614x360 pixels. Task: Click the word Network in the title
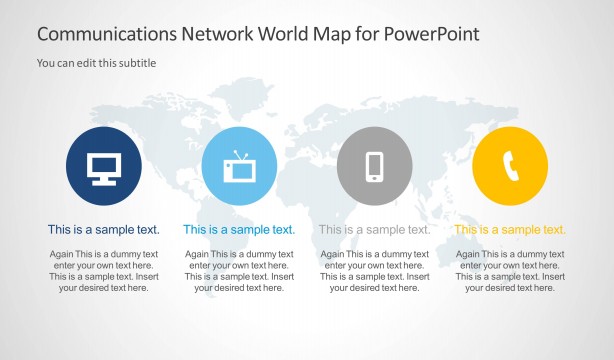(x=213, y=34)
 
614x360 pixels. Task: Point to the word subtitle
(x=137, y=63)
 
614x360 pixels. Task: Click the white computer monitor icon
(x=104, y=167)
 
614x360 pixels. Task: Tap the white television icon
(x=239, y=168)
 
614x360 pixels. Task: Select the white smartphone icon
(x=375, y=166)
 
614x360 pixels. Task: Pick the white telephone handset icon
(x=510, y=167)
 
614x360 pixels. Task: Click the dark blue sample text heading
(x=104, y=230)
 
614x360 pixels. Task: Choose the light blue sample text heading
(x=239, y=230)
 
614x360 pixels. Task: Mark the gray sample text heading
(x=375, y=230)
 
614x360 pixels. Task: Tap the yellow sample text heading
(x=510, y=230)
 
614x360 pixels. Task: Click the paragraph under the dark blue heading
(x=104, y=271)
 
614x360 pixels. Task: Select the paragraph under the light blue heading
(x=239, y=271)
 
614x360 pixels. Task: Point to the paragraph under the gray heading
(x=375, y=271)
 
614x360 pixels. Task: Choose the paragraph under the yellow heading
(x=510, y=271)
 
